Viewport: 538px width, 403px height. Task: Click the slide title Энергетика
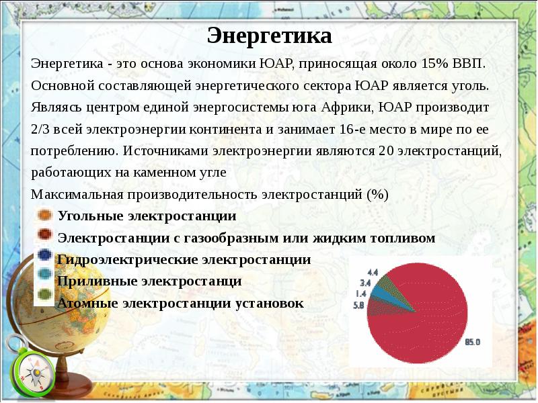tap(269, 36)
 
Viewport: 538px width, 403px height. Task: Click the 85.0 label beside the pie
tap(472, 342)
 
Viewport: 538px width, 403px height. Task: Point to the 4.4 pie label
tap(373, 272)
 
